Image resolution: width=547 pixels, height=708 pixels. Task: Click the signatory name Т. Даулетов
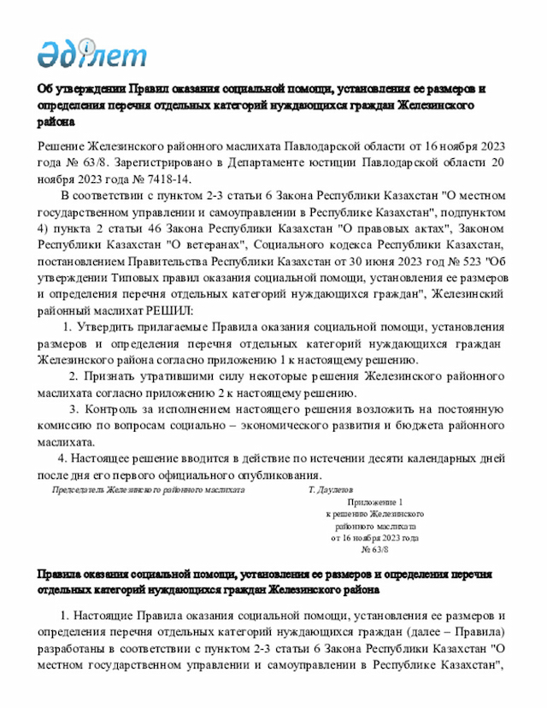[330, 490]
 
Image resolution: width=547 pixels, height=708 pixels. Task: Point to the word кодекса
[325, 245]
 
